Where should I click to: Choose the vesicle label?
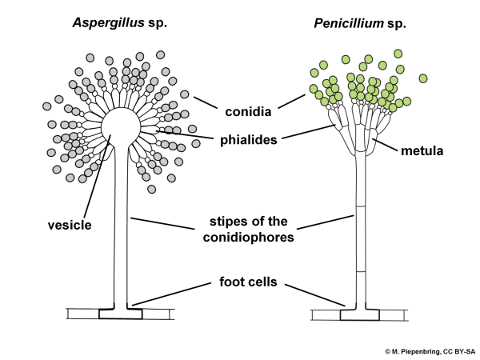click(67, 226)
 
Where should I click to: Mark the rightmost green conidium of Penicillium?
click(422, 78)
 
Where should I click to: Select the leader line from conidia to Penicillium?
click(290, 103)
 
